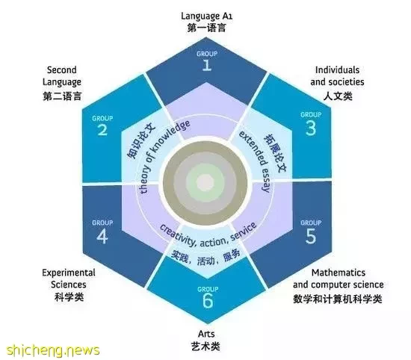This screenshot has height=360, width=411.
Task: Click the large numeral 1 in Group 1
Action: [x=207, y=65]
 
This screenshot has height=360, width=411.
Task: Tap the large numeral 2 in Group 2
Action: [x=102, y=130]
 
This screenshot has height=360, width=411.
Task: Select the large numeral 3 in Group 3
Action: [x=311, y=128]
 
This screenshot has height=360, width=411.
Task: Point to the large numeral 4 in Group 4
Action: [x=102, y=237]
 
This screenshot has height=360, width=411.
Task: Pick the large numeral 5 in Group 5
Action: [x=311, y=236]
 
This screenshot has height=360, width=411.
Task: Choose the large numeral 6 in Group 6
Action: [x=208, y=301]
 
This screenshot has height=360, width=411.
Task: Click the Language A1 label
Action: [x=206, y=16]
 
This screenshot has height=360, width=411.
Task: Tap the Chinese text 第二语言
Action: [x=62, y=96]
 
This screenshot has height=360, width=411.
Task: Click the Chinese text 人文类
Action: [x=338, y=96]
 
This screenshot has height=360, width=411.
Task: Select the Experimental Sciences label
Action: [x=69, y=279]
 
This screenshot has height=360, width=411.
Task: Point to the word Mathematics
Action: [x=339, y=273]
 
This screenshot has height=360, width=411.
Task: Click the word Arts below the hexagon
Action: [x=206, y=334]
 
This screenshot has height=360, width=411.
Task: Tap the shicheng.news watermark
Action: [x=53, y=350]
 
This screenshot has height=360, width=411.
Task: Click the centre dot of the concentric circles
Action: [x=205, y=182]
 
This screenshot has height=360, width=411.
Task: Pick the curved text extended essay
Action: [x=256, y=161]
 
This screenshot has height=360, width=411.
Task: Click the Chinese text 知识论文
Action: [x=141, y=141]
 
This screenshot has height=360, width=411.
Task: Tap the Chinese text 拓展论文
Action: [x=275, y=153]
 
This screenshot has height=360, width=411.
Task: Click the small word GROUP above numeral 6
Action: [x=208, y=289]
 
